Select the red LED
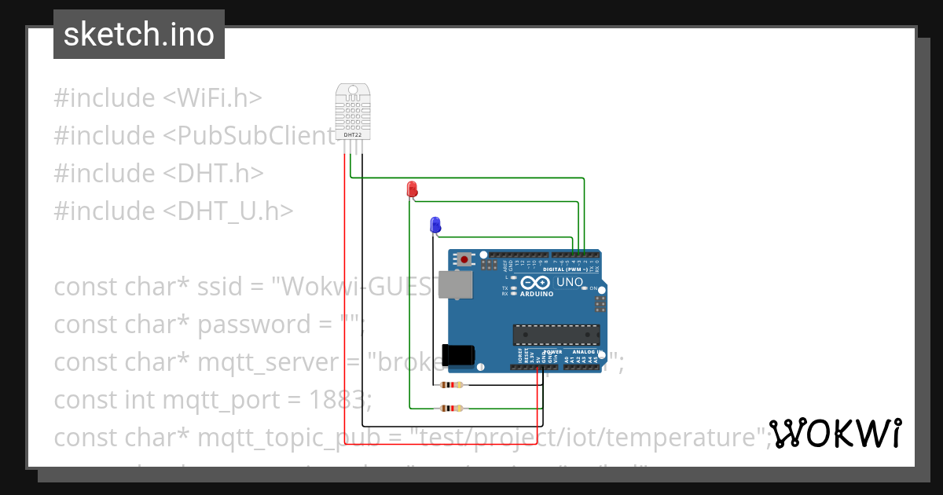pos(412,189)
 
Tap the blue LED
pos(435,225)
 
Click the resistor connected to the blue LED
pos(451,385)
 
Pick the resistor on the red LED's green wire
pos(451,408)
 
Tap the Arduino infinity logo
pos(535,283)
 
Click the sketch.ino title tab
pos(139,35)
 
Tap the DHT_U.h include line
pos(173,211)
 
